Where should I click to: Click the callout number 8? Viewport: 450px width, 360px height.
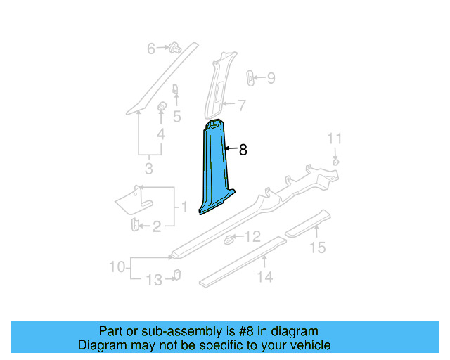[x=243, y=150]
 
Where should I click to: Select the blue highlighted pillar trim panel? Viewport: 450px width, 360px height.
[x=213, y=169]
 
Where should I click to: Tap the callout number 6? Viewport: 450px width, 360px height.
[x=150, y=49]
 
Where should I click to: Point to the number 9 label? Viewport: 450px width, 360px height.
[x=271, y=78]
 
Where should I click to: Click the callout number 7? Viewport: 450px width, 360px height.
[x=241, y=106]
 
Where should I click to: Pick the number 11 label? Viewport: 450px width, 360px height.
[x=336, y=138]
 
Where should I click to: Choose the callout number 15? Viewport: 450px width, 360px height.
[x=319, y=247]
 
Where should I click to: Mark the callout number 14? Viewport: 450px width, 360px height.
[x=264, y=277]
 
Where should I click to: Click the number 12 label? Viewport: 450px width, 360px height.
[x=252, y=236]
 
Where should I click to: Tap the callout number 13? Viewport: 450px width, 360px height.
[x=153, y=281]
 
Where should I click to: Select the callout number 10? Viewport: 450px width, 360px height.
[x=117, y=266]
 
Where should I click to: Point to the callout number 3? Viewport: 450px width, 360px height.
[x=148, y=169]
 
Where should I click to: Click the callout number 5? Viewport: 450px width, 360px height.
[x=176, y=116]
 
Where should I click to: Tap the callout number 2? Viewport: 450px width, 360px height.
[x=156, y=226]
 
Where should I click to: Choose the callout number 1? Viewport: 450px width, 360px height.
[x=184, y=207]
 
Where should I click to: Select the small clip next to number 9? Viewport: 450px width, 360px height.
[x=250, y=77]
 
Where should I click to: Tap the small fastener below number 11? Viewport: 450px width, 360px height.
[x=336, y=162]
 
